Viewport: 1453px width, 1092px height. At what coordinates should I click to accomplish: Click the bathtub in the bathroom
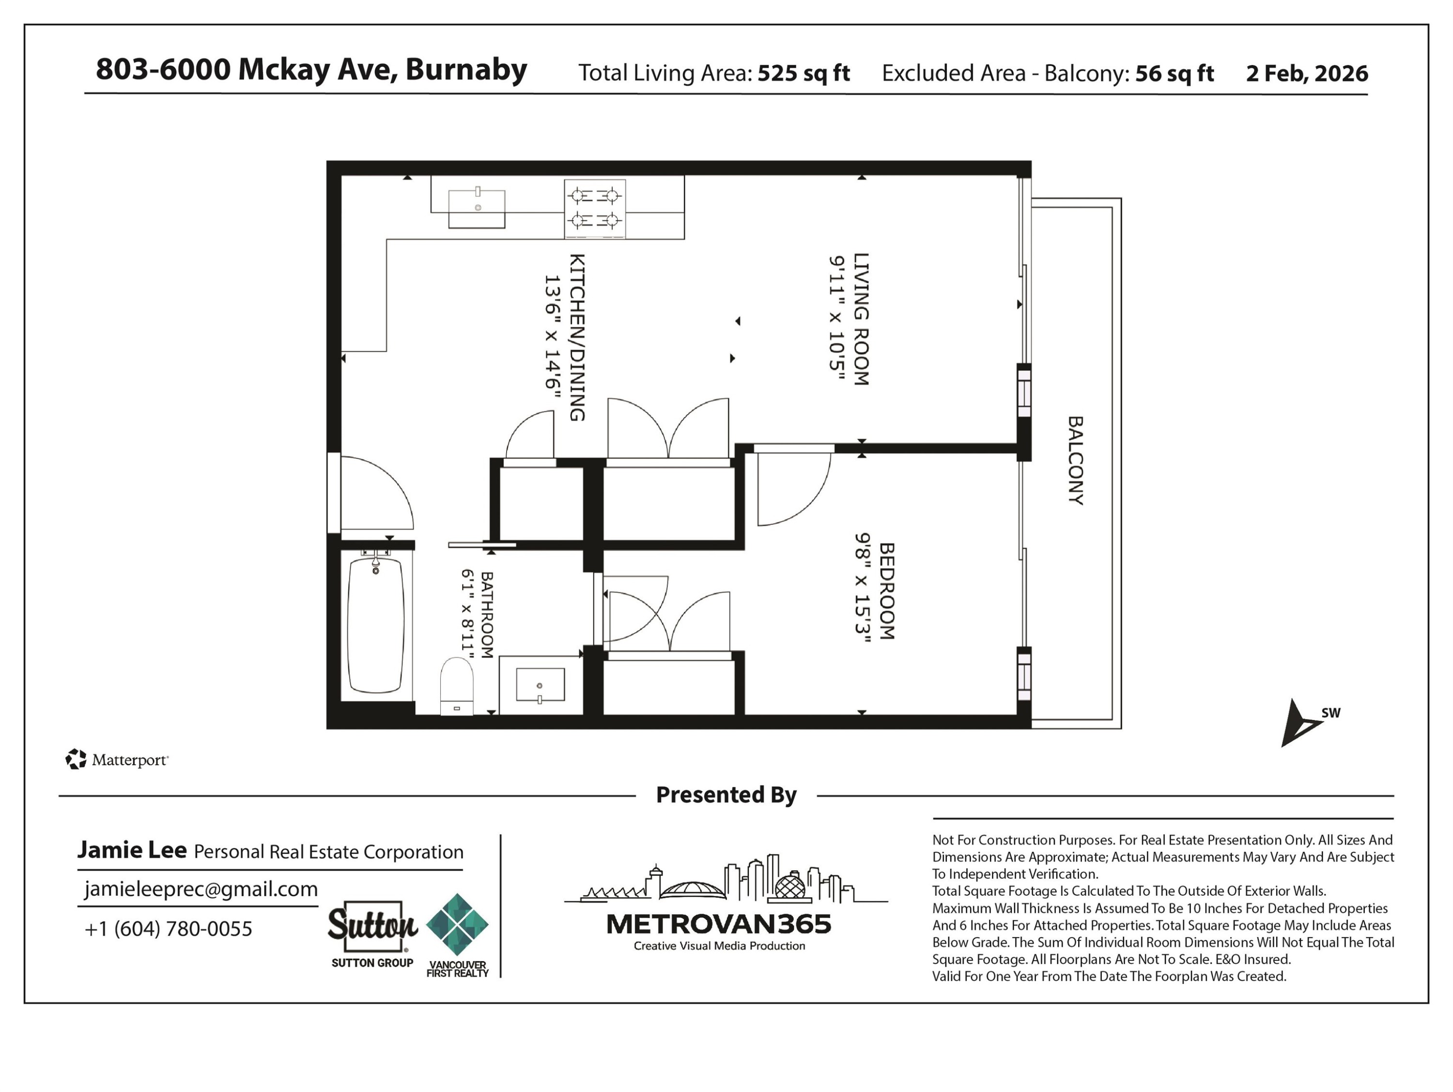pos(375,625)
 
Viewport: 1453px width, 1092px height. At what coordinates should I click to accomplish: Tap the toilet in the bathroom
pos(457,686)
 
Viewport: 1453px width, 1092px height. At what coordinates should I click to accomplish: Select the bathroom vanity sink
pos(540,685)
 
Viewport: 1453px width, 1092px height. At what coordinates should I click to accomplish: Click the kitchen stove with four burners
pos(594,208)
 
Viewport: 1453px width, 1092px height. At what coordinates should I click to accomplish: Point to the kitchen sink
pos(477,208)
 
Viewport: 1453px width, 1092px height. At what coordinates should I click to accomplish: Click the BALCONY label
pos(1075,460)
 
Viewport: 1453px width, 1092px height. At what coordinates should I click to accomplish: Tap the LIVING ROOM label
pos(861,319)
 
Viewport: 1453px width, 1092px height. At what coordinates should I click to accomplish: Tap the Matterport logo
pos(117,760)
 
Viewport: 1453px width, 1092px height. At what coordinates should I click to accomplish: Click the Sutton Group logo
pos(372,934)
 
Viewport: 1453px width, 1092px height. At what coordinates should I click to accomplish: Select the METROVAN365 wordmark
pos(719,924)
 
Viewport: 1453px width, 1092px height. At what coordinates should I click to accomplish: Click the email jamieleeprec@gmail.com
pos(201,889)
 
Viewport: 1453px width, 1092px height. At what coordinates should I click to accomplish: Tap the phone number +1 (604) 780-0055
pos(168,928)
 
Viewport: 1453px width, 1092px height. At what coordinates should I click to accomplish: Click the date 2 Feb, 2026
pos(1307,73)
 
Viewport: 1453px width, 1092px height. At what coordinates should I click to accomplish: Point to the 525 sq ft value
pos(804,73)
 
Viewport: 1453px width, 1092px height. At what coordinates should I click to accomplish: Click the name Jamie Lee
pos(132,850)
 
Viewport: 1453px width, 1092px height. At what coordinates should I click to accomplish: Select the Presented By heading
pos(726,795)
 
